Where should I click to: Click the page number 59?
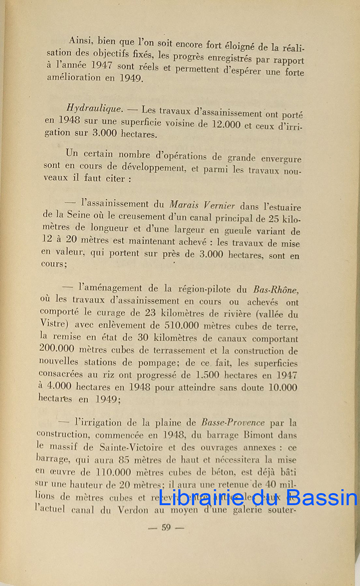pyautogui.click(x=166, y=527)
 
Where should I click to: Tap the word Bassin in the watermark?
pyautogui.click(x=324, y=497)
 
